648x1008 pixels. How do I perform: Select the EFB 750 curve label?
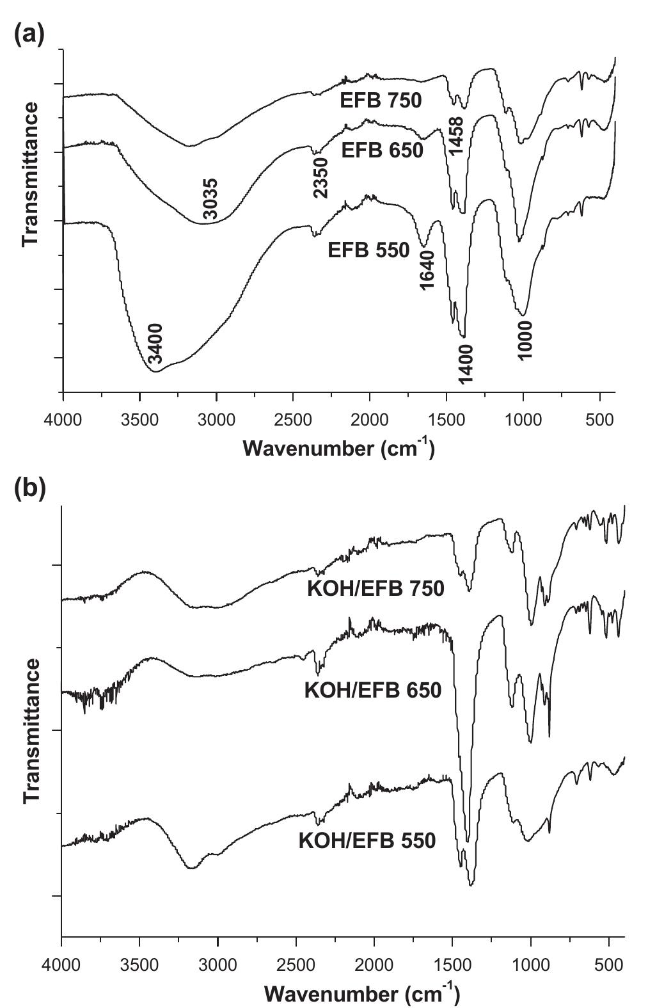381,100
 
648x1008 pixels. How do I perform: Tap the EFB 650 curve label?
382,150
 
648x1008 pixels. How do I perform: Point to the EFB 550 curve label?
368,250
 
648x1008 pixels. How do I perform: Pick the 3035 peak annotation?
210,199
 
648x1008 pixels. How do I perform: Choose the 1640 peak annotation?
427,269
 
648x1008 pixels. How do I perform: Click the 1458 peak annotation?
455,136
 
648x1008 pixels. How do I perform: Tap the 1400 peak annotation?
466,364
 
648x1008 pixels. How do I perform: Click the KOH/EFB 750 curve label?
375,588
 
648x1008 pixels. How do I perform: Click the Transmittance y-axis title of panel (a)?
31,173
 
